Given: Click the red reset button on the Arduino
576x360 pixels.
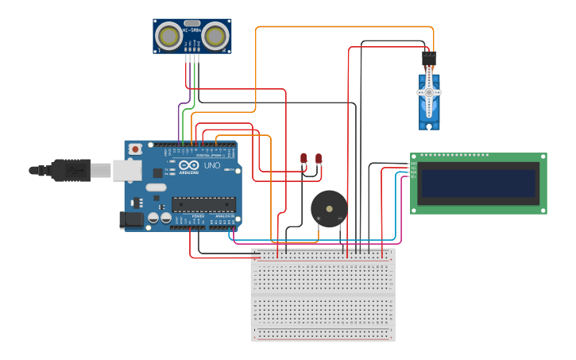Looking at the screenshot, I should (x=136, y=149).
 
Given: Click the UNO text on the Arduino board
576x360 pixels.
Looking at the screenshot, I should (x=212, y=166).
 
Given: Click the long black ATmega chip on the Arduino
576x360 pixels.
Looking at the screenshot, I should (x=203, y=204).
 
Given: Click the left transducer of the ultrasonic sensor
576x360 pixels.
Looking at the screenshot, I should (x=168, y=36).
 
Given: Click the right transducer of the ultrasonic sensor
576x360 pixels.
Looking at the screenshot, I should (x=215, y=36).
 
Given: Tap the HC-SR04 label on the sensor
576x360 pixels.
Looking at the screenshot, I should (x=191, y=31).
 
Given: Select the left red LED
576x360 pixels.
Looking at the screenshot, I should (x=303, y=158).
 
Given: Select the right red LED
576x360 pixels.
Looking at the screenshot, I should (x=319, y=158).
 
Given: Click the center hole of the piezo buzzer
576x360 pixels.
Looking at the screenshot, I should (x=329, y=209).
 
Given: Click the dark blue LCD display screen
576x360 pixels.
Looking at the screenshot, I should (x=478, y=183).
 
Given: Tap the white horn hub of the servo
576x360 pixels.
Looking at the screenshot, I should (x=429, y=92).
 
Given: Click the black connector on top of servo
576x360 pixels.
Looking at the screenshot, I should (x=429, y=58).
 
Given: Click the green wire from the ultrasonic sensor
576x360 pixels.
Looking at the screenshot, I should (x=184, y=123).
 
